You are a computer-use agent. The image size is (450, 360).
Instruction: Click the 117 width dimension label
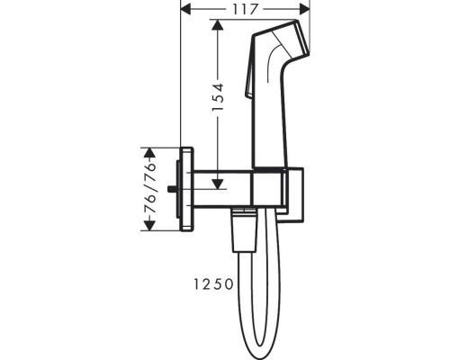(245, 9)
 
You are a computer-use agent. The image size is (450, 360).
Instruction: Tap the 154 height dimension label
(218, 97)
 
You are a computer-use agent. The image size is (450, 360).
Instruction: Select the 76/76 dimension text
(150, 189)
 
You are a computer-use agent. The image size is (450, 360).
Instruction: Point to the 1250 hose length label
(213, 284)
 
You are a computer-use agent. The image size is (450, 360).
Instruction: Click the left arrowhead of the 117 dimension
(186, 9)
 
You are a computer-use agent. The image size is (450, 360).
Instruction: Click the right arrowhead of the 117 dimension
(304, 9)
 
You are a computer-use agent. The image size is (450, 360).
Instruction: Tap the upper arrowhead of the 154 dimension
(217, 24)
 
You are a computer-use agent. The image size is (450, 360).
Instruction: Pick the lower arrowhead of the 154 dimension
(217, 184)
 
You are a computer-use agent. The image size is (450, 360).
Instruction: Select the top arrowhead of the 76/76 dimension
(149, 153)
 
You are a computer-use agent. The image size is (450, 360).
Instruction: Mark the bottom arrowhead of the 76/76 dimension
(149, 226)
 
